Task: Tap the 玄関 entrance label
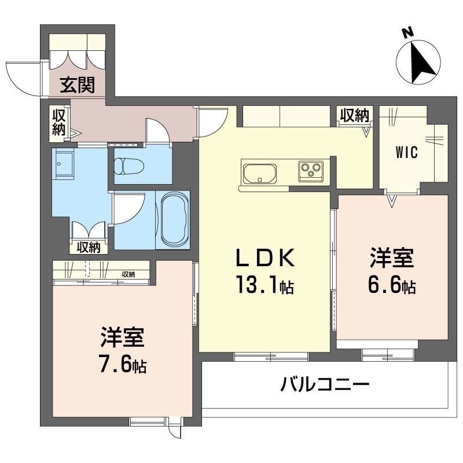[x=78, y=87]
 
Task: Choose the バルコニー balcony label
[x=326, y=384]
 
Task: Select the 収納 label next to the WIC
[x=354, y=115]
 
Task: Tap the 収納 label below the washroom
[x=89, y=247]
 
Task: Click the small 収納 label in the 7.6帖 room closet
[x=128, y=274]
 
